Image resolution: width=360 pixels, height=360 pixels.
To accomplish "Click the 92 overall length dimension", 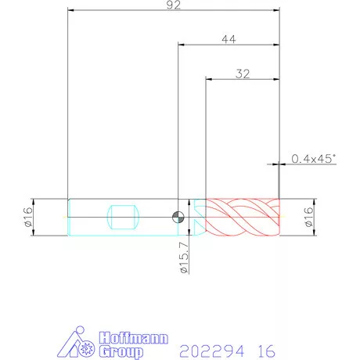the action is click(x=174, y=5).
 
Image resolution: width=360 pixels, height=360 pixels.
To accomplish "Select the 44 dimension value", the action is click(x=229, y=39).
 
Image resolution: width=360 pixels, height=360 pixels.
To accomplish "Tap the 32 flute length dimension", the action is click(x=243, y=74).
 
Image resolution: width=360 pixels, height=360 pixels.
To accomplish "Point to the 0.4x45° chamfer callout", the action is click(x=313, y=159).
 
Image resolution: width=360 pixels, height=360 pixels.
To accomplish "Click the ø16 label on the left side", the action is click(x=28, y=217).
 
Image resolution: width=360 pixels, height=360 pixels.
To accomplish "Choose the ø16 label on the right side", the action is click(x=308, y=217).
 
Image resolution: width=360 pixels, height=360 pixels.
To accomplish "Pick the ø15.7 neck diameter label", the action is click(x=184, y=257).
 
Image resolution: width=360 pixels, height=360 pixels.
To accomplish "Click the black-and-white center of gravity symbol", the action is click(x=178, y=217).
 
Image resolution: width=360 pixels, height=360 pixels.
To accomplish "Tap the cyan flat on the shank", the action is click(x=123, y=217).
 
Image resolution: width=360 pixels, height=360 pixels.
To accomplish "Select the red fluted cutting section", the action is click(x=243, y=217).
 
